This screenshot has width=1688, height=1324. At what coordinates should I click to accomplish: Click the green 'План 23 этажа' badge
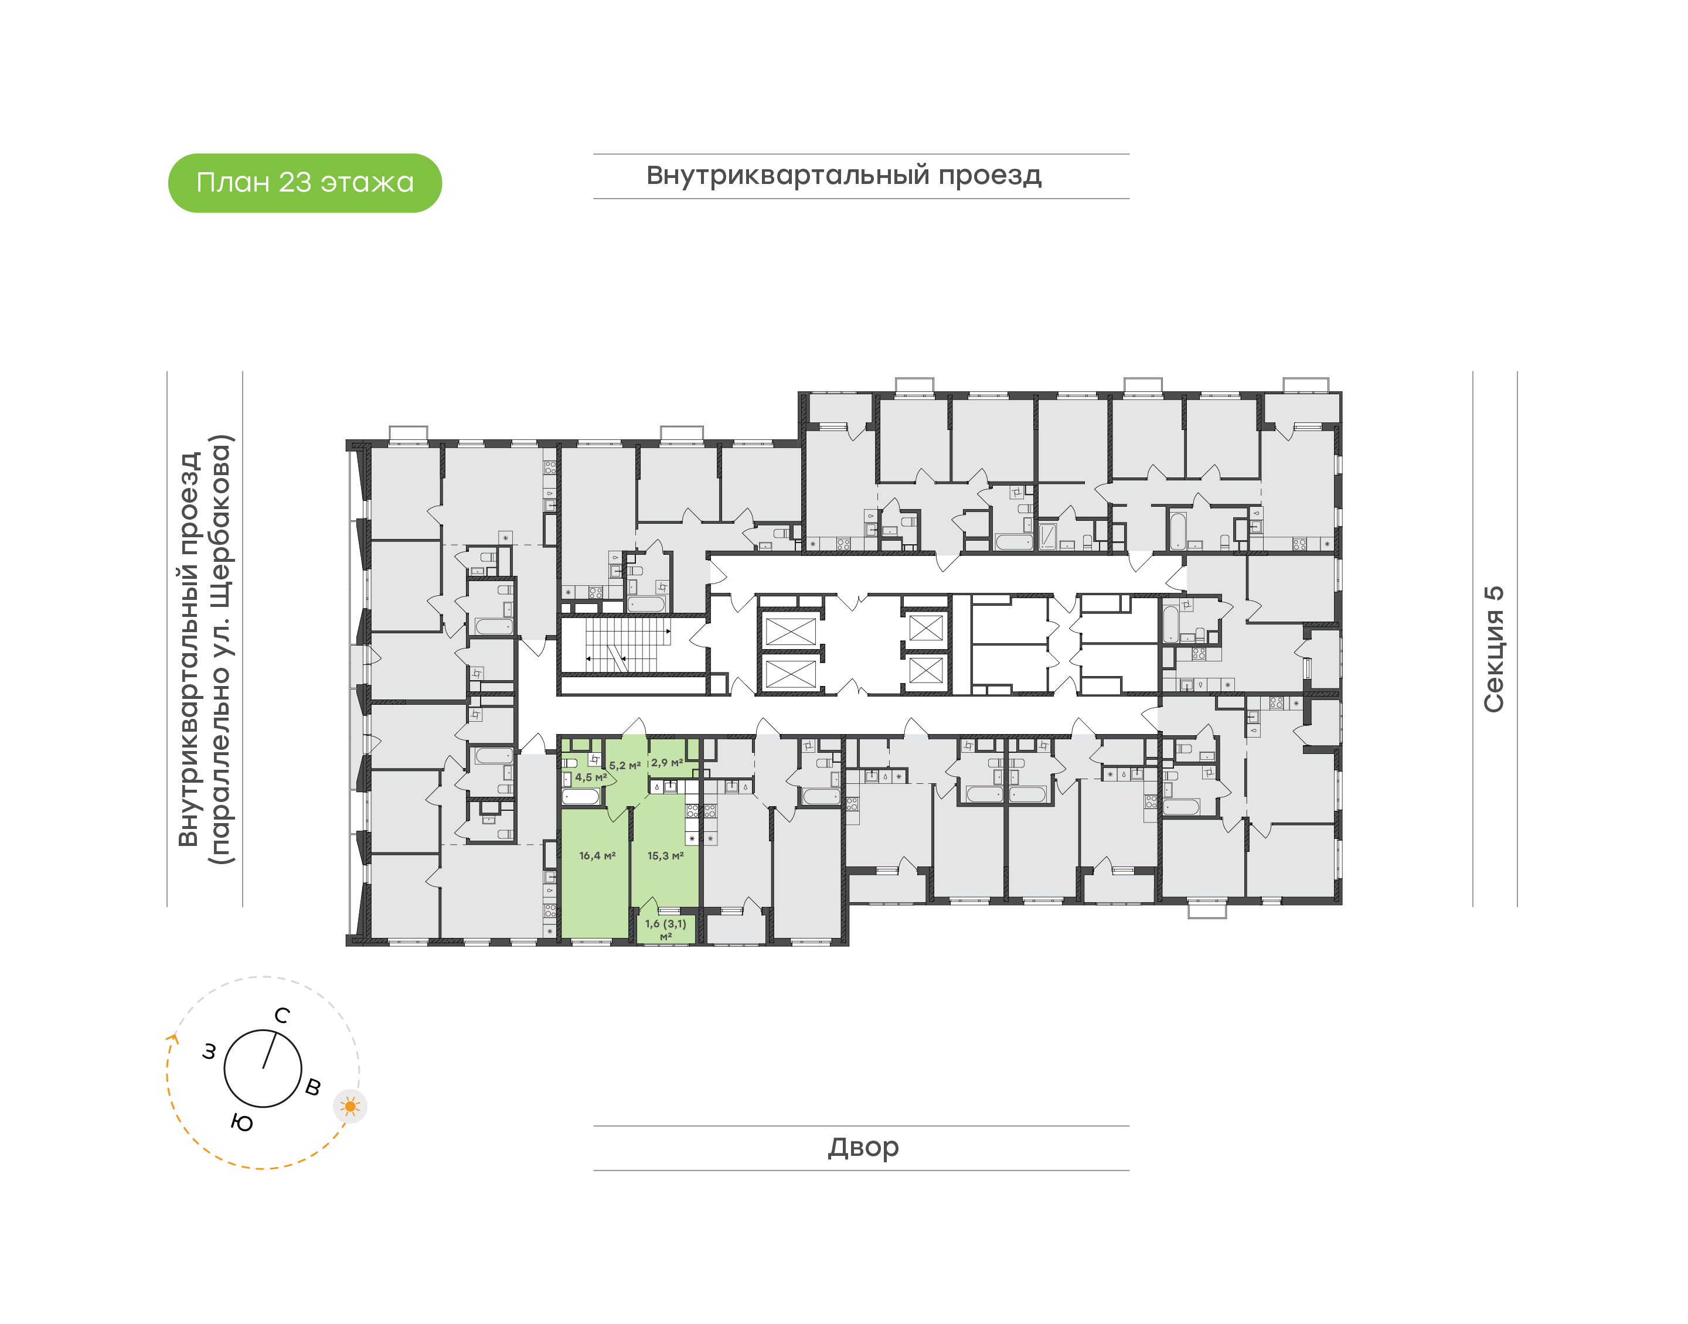pos(305,183)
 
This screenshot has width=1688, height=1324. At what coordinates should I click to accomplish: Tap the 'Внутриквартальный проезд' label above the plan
pos(843,176)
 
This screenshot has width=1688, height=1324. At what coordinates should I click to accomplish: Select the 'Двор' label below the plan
pos(863,1147)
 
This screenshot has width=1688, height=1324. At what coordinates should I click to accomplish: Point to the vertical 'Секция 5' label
pos(1493,649)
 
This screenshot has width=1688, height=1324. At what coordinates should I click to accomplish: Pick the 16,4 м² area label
pos(597,856)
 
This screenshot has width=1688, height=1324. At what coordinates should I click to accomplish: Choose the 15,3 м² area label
pos(665,856)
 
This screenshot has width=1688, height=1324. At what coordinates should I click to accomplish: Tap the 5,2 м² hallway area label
pos(625,765)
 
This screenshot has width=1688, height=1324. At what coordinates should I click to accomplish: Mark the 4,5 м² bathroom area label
pos(591,777)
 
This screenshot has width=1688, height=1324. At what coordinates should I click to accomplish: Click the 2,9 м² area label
pos(667,763)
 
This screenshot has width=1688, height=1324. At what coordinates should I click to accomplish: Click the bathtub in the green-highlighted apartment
pos(581,796)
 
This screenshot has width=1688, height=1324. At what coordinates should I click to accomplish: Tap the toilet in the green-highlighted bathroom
pos(569,763)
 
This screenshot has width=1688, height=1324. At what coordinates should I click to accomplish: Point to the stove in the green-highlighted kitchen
pos(692,811)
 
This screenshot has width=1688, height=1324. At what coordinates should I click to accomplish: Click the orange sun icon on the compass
pos(350,1106)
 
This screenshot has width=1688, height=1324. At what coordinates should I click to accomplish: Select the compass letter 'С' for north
pos(283,1015)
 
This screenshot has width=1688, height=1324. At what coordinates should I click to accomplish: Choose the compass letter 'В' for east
pos(313,1087)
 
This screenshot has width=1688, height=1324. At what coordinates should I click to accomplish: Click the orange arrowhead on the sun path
pos(173,1039)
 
